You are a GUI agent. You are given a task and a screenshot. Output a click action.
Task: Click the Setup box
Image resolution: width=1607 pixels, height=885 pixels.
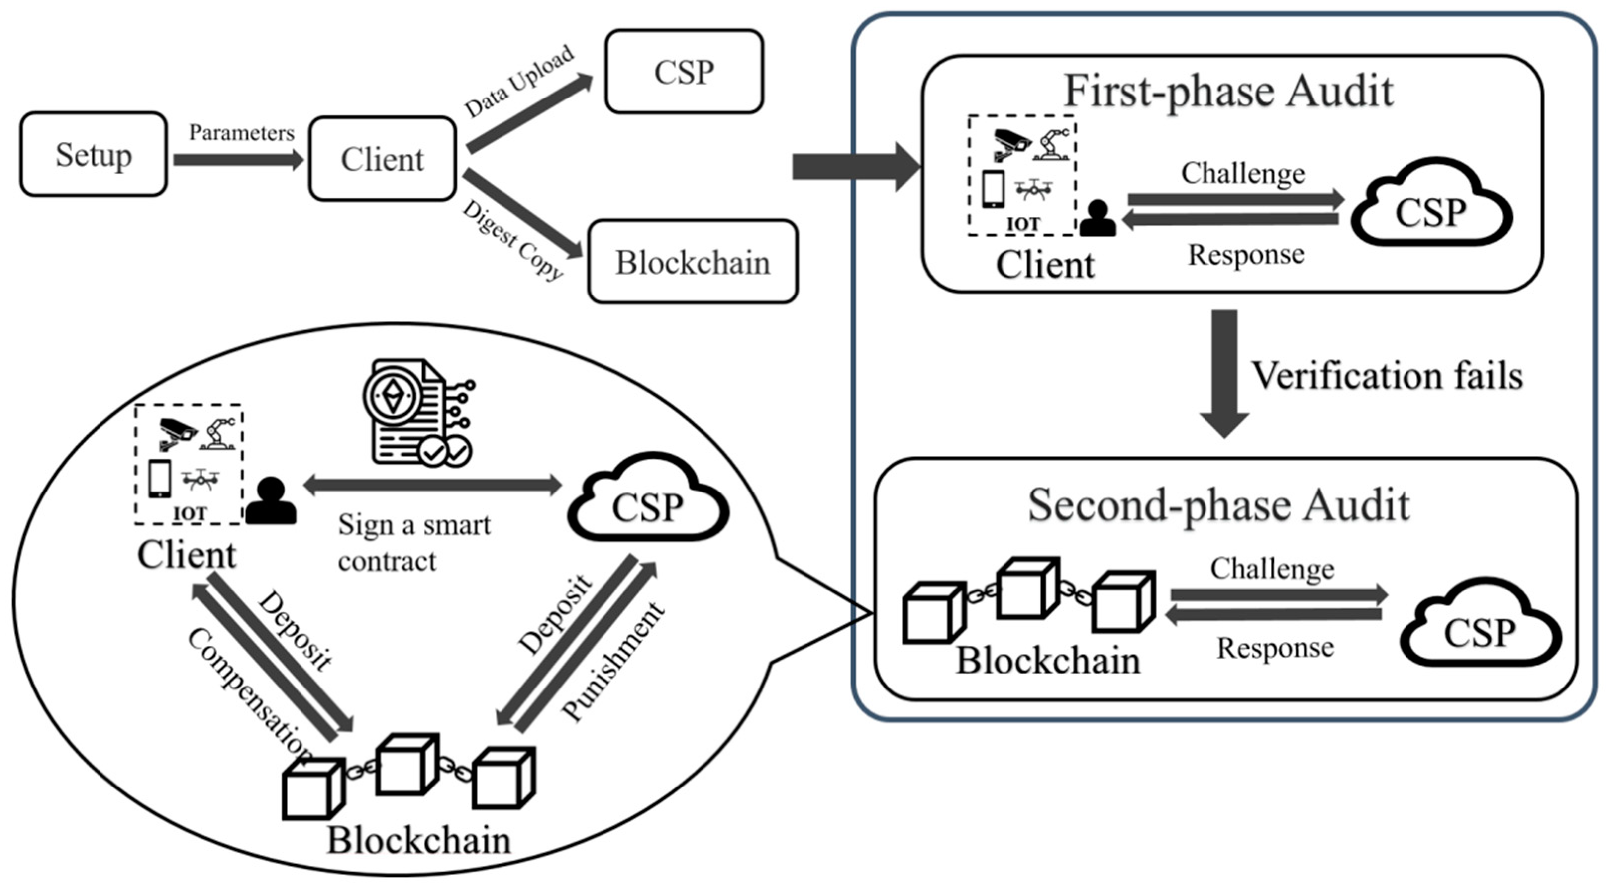coord(94,155)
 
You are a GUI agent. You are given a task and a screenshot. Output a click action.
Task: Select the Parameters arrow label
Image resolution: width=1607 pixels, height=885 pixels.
coord(241,133)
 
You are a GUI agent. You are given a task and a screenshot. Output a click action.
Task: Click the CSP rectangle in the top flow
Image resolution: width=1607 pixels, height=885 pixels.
coord(684,72)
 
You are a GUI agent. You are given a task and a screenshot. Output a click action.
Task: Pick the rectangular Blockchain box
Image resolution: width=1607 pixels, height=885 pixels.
coord(693,262)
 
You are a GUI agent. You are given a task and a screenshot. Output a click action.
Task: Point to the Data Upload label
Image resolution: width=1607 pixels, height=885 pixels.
coord(519,81)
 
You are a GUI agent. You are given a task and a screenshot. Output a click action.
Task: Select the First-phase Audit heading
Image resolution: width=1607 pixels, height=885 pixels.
coord(1228,92)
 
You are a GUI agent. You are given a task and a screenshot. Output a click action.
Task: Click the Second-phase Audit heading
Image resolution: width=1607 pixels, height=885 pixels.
coord(1218,505)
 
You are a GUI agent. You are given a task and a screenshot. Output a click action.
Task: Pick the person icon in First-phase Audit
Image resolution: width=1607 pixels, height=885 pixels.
coord(1098,218)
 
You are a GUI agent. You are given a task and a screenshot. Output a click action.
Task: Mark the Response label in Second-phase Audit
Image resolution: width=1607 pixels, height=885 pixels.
coord(1275,649)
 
